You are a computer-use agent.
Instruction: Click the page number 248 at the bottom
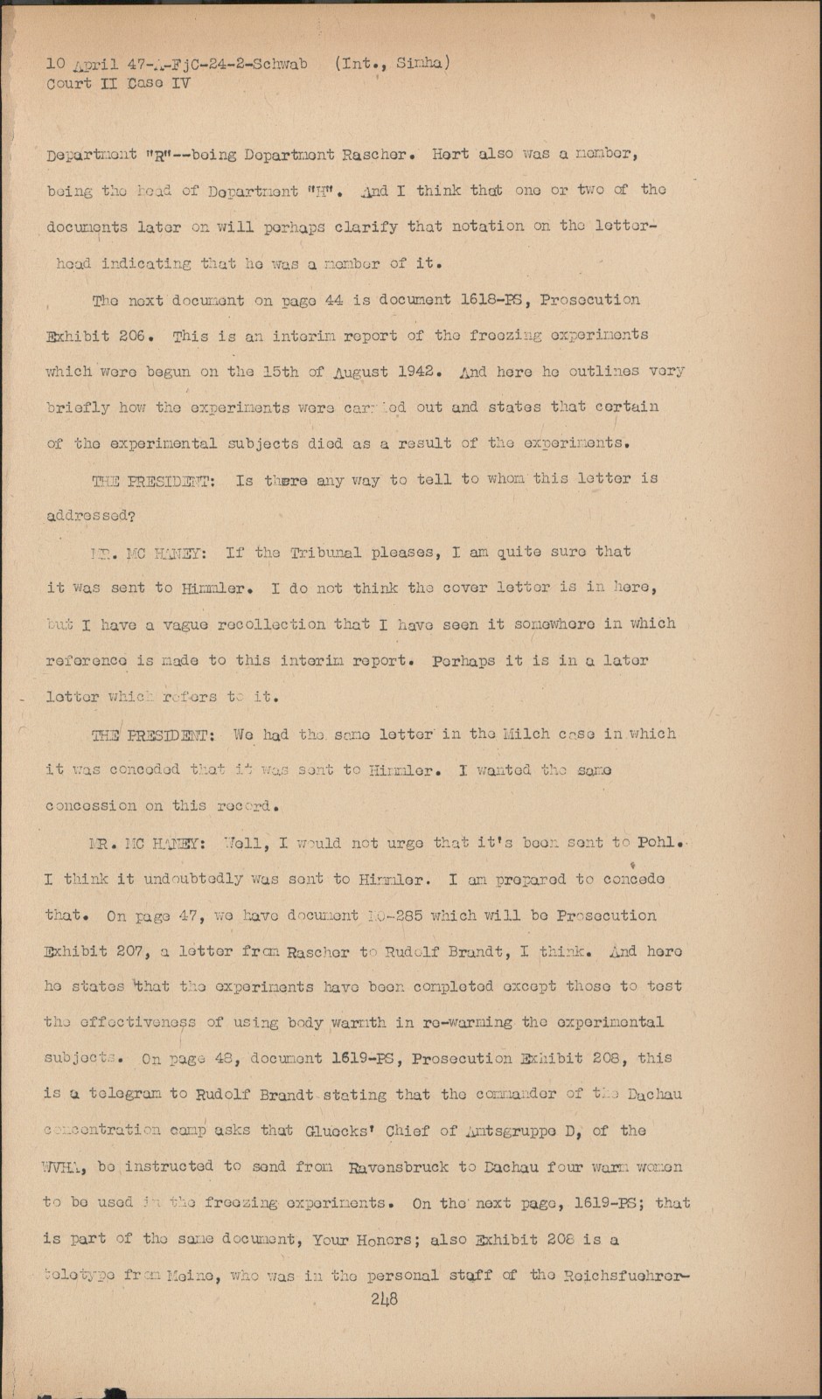coord(383,1299)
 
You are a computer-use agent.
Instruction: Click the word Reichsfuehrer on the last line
coord(623,1276)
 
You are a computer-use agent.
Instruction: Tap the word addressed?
coord(89,516)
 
